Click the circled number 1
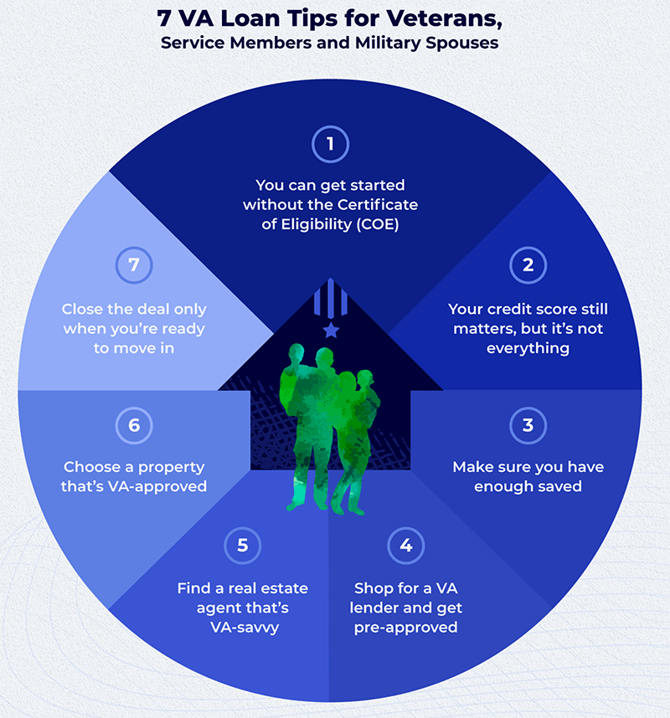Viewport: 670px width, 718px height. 330,144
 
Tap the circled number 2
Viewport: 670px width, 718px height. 528,265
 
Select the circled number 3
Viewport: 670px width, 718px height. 528,425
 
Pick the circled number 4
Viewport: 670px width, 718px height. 406,546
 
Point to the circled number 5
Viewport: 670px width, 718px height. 242,546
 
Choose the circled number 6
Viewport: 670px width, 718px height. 134,425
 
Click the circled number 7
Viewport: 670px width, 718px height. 134,265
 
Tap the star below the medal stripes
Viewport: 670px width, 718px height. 331,330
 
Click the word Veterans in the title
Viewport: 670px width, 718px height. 444,18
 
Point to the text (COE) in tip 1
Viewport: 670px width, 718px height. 378,224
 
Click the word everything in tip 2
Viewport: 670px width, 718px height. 528,349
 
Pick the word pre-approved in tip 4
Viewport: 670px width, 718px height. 406,628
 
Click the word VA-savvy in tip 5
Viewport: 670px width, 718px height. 245,628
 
